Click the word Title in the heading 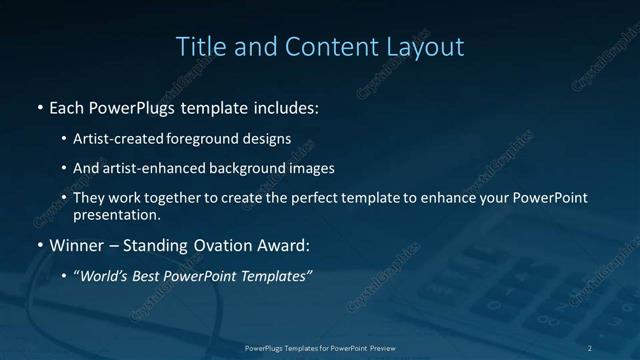pyautogui.click(x=198, y=47)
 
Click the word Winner pyautogui.click(x=77, y=244)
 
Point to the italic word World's pyautogui.click(x=106, y=275)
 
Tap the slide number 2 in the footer pyautogui.click(x=590, y=347)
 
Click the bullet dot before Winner pyautogui.click(x=39, y=245)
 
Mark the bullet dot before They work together pyautogui.click(x=64, y=199)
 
